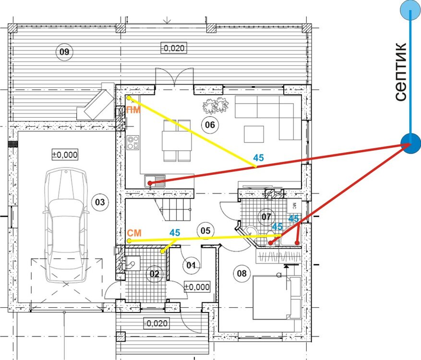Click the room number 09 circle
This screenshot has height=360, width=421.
tap(64, 51)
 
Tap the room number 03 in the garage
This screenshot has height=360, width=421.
tap(100, 202)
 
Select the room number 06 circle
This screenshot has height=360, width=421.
tap(210, 125)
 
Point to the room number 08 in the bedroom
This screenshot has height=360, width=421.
tap(241, 273)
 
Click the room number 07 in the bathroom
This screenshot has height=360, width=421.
tap(266, 216)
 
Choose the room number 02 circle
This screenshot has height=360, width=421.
tap(155, 274)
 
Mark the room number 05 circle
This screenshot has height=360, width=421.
tap(205, 230)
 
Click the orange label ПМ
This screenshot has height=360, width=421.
tap(133, 110)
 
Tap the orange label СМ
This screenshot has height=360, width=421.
tap(134, 233)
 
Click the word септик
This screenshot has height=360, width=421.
tap(400, 72)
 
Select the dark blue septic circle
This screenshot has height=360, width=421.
tap(410, 144)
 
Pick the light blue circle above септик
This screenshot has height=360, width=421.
tap(410, 11)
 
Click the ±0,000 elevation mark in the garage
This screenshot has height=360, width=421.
tap(65, 155)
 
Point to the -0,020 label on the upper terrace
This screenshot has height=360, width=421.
tap(174, 48)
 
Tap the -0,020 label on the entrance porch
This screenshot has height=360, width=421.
tap(156, 323)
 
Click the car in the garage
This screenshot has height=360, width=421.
tap(65, 225)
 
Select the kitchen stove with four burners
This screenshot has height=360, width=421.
tap(133, 143)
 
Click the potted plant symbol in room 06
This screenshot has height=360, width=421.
tap(216, 105)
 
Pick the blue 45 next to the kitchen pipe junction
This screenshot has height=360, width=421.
tap(258, 157)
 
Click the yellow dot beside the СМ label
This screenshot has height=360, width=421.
tap(129, 241)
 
